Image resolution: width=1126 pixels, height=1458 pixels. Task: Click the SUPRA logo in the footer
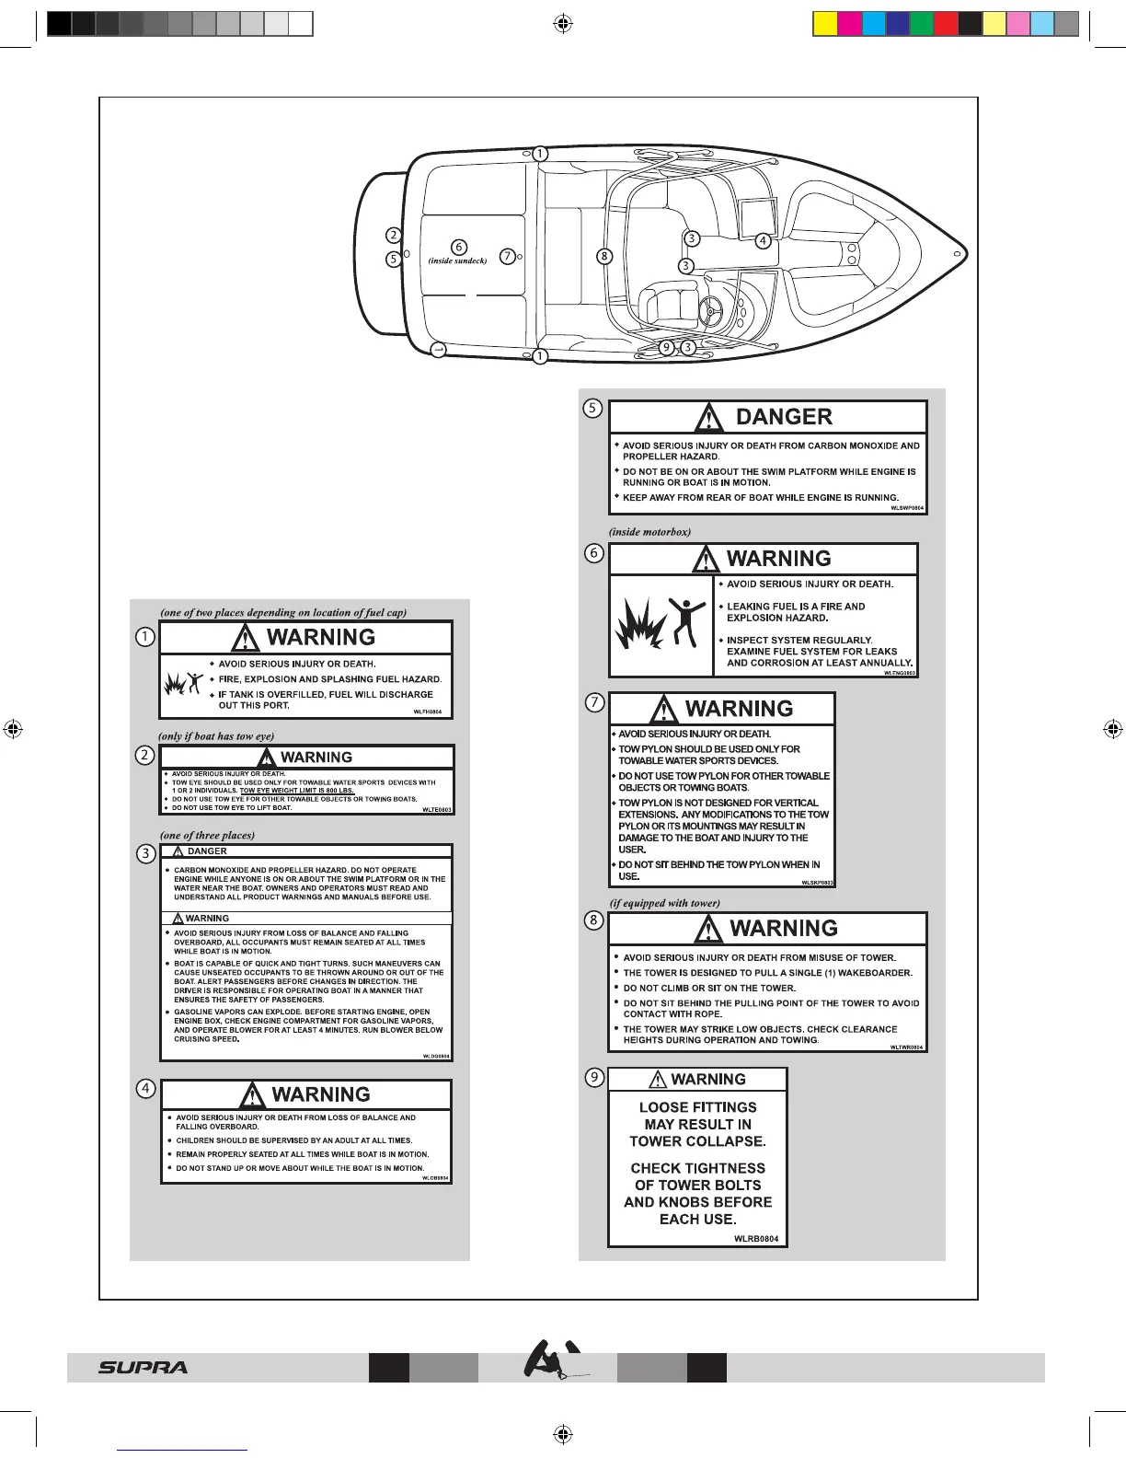[143, 1368]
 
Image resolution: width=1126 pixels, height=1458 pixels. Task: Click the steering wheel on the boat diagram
[712, 311]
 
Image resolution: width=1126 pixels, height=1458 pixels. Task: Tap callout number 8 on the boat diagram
[604, 256]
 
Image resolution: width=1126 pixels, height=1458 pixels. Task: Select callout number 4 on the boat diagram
[763, 241]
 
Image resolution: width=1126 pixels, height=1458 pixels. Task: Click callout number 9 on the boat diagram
[667, 348]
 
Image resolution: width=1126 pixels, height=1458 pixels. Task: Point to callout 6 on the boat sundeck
[458, 247]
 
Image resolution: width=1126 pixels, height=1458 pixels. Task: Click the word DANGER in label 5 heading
[784, 417]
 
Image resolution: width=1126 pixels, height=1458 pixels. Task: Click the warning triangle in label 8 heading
[708, 929]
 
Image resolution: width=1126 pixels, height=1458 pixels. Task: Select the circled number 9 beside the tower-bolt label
[595, 1077]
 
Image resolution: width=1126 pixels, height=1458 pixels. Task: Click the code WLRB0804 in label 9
[756, 1239]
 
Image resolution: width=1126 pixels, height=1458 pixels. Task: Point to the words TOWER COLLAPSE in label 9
[697, 1141]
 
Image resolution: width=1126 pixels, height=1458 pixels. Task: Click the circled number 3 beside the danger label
[145, 853]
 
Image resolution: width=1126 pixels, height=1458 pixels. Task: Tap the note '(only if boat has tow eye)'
[216, 736]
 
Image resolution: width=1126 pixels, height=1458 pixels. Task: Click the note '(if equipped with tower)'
[664, 903]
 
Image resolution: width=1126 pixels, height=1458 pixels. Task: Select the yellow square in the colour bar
[825, 24]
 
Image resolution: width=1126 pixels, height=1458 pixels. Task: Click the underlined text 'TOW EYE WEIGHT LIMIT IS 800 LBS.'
[297, 791]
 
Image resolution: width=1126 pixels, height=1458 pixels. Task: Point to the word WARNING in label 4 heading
[321, 1094]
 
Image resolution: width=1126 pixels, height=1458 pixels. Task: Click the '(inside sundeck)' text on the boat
[457, 261]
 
